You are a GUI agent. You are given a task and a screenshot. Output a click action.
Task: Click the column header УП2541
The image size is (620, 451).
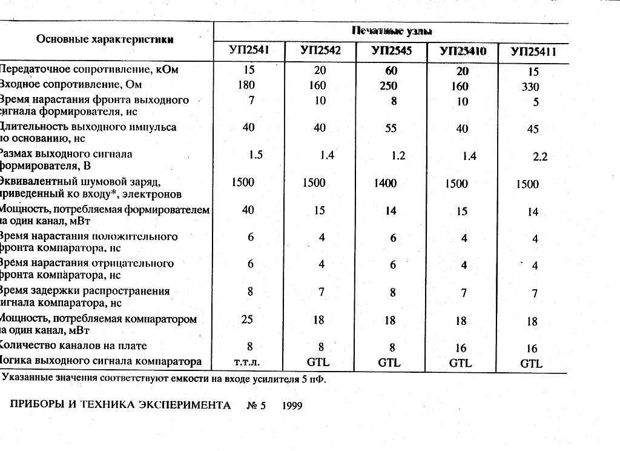coord(249,50)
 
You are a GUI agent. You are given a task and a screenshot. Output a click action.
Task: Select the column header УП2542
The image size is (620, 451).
coord(320,50)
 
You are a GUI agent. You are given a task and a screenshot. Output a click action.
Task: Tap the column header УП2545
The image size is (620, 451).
coord(391,51)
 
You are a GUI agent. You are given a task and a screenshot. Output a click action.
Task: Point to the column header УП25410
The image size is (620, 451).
coord(463,52)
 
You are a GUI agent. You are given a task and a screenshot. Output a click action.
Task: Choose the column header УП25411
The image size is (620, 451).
coord(533,52)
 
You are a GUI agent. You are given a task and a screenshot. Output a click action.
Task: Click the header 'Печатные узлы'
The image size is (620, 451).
coord(391,30)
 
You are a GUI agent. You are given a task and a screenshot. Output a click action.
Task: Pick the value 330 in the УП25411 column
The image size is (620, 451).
coord(530,87)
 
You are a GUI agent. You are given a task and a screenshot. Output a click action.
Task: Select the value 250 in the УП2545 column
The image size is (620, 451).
coord(389,86)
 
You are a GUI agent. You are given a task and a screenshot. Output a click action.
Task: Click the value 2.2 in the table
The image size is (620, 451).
coord(540,156)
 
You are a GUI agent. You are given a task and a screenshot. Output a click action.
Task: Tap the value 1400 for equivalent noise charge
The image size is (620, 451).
coord(385,183)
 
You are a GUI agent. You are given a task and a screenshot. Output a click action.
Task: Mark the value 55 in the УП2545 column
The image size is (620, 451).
coord(391,128)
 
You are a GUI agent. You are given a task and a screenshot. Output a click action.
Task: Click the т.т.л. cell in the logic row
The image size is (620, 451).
coord(246,362)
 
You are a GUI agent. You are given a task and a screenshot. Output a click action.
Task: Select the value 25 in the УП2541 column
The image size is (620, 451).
coord(247,319)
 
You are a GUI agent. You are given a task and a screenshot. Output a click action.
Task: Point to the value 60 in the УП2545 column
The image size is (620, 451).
coord(391,70)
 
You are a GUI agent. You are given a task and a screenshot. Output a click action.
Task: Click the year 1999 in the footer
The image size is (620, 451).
coord(292,405)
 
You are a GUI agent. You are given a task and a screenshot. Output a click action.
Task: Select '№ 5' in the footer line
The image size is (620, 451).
coord(257,405)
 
